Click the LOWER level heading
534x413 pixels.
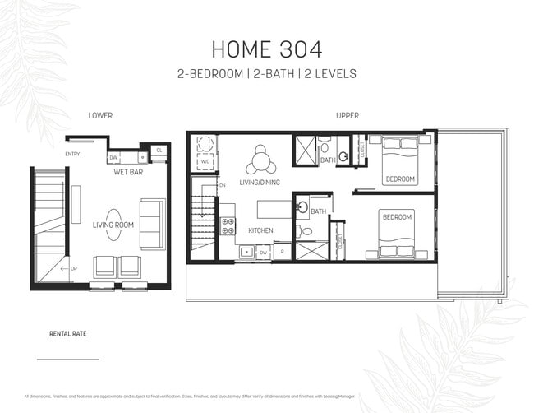[x=100, y=116]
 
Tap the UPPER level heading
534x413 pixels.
[x=347, y=116]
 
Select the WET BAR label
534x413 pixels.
[x=130, y=173]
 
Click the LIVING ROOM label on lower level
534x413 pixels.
[x=113, y=224]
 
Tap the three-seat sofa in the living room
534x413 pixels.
[x=152, y=224]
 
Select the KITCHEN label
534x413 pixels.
[x=260, y=230]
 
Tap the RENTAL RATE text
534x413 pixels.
[x=68, y=335]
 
